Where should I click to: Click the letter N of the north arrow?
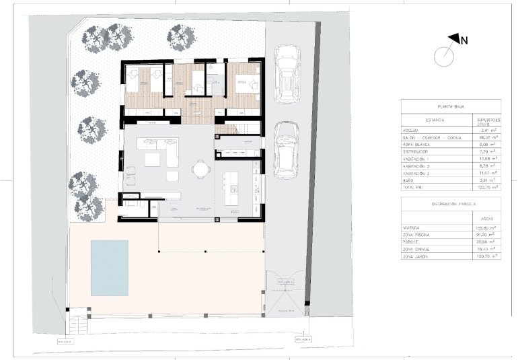point(464,40)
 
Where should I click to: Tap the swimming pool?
point(109,267)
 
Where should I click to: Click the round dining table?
point(200,168)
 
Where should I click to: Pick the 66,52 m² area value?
point(486,137)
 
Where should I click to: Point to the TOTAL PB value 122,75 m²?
point(486,187)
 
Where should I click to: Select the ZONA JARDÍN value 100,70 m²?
point(486,256)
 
